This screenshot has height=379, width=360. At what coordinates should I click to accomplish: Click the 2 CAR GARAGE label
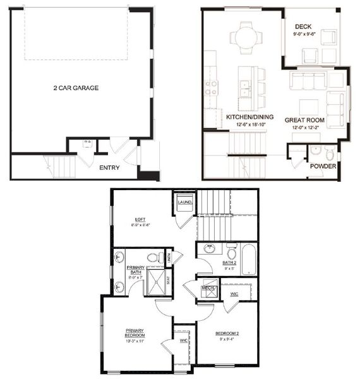tap(76, 88)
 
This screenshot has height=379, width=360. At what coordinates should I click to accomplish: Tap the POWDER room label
tap(323, 167)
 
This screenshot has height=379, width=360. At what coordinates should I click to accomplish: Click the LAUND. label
tap(184, 202)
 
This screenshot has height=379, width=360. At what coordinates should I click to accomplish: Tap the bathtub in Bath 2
tap(249, 260)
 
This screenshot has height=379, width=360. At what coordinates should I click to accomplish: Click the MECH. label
tap(209, 289)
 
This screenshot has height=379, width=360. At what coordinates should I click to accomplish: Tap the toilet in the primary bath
tap(152, 257)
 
